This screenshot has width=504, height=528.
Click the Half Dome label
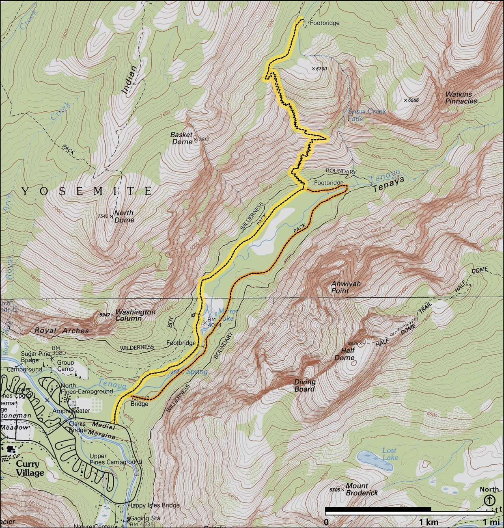pos(345,354)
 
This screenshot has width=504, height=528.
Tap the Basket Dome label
pos(181,138)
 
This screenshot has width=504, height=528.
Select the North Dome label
pos(124,216)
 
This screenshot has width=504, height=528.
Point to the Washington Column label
pos(135,315)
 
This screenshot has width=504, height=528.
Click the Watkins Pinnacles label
pos(461,97)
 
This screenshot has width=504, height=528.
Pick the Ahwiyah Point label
pos(346,287)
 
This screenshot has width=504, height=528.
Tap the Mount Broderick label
pos(362,489)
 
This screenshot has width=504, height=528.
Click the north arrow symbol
pos(489,500)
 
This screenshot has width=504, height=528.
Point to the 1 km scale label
pos(429,522)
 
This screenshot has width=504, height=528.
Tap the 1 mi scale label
pos(491,522)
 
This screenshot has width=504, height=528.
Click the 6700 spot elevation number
pos(321,69)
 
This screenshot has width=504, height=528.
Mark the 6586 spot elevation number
pos(414,100)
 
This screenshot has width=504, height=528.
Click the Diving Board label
pos(305,385)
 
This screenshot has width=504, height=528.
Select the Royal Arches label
pos(62,331)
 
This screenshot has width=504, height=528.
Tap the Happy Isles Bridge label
pos(154,505)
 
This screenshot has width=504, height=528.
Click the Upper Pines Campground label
pos(115,459)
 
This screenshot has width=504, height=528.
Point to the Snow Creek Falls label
pos(366,115)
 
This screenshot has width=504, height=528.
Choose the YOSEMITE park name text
pos(87,191)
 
